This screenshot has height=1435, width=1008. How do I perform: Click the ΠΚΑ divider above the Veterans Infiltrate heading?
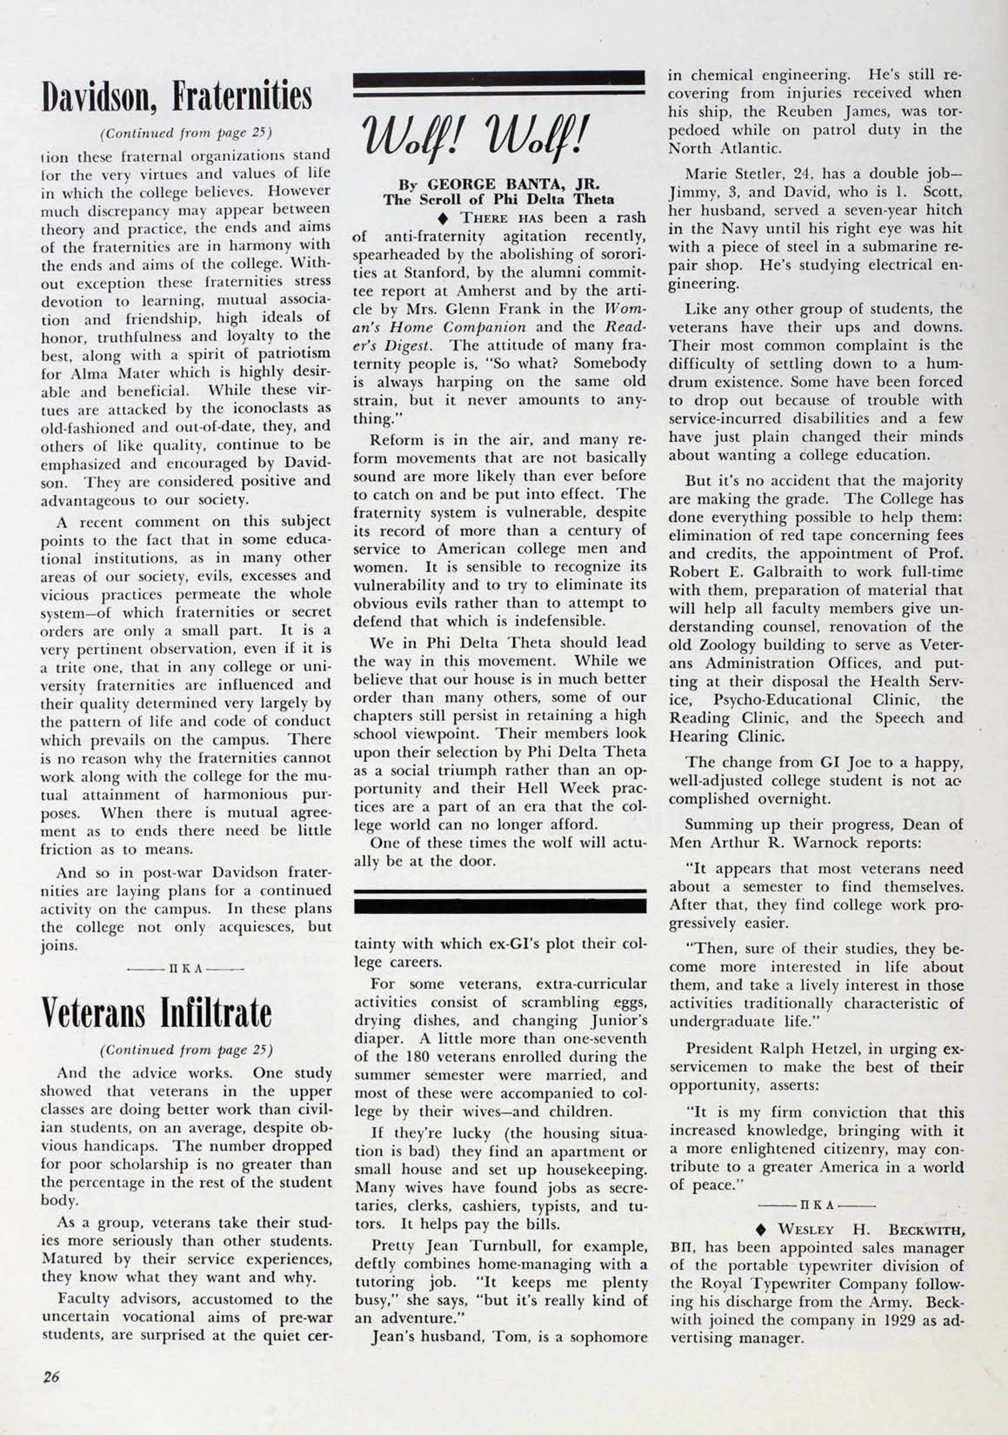pyautogui.click(x=185, y=970)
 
